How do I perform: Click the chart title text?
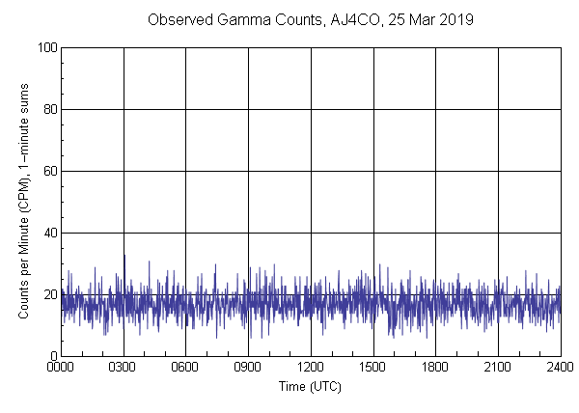click(310, 19)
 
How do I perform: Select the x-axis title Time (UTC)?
click(310, 386)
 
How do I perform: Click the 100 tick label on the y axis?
click(45, 47)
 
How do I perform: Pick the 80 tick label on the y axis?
click(48, 109)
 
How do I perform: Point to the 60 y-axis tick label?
click(48, 171)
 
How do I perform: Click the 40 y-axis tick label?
click(48, 233)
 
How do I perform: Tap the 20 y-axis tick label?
click(48, 294)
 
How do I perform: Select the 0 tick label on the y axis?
click(52, 356)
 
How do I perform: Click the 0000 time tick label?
click(61, 369)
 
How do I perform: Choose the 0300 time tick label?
click(124, 369)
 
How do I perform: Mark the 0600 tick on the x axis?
click(185, 369)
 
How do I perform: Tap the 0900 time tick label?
click(248, 369)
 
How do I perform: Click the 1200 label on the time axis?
click(311, 369)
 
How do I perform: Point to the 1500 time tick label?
click(372, 369)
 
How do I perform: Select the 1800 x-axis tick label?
click(435, 369)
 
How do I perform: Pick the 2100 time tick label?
click(498, 369)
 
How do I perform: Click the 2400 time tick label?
click(558, 369)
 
